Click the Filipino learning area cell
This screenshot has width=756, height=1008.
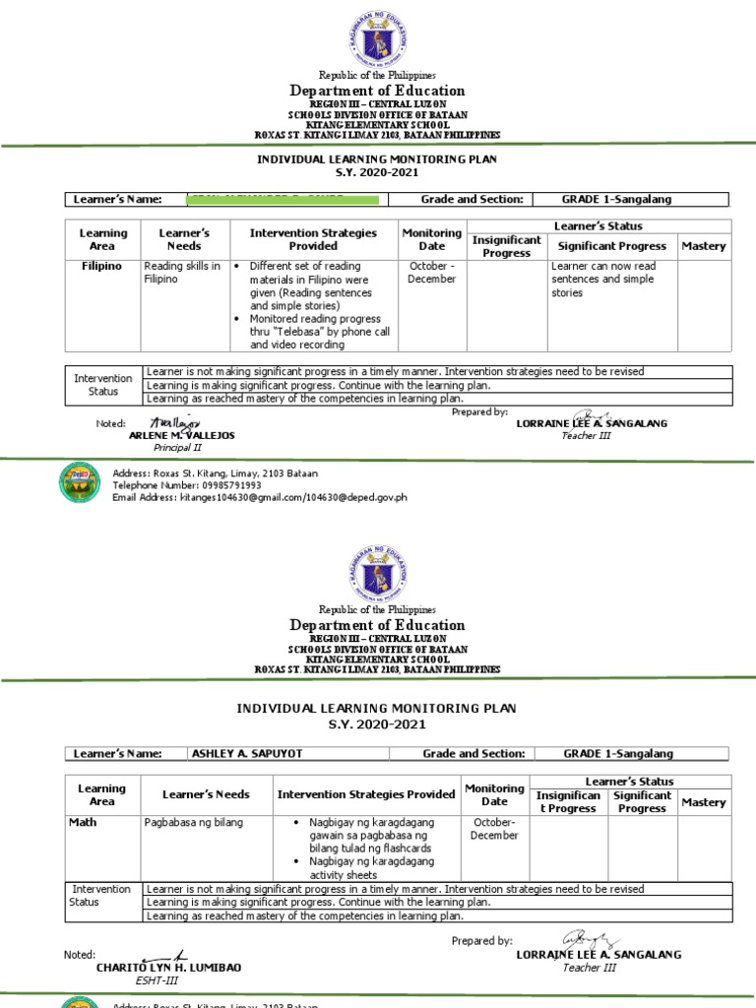102,267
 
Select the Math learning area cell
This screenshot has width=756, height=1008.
83,822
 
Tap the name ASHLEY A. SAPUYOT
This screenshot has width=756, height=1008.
233,754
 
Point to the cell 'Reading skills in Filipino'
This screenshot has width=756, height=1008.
182,273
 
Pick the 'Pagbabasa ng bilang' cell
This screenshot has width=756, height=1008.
193,822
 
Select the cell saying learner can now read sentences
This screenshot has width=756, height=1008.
603,280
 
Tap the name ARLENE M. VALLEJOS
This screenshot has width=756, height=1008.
182,435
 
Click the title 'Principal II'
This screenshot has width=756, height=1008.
177,448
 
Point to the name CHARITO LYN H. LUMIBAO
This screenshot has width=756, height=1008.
168,968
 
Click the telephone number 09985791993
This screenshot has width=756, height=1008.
220,485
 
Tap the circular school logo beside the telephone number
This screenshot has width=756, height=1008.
81,481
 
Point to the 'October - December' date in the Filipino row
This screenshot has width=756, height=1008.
431,273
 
